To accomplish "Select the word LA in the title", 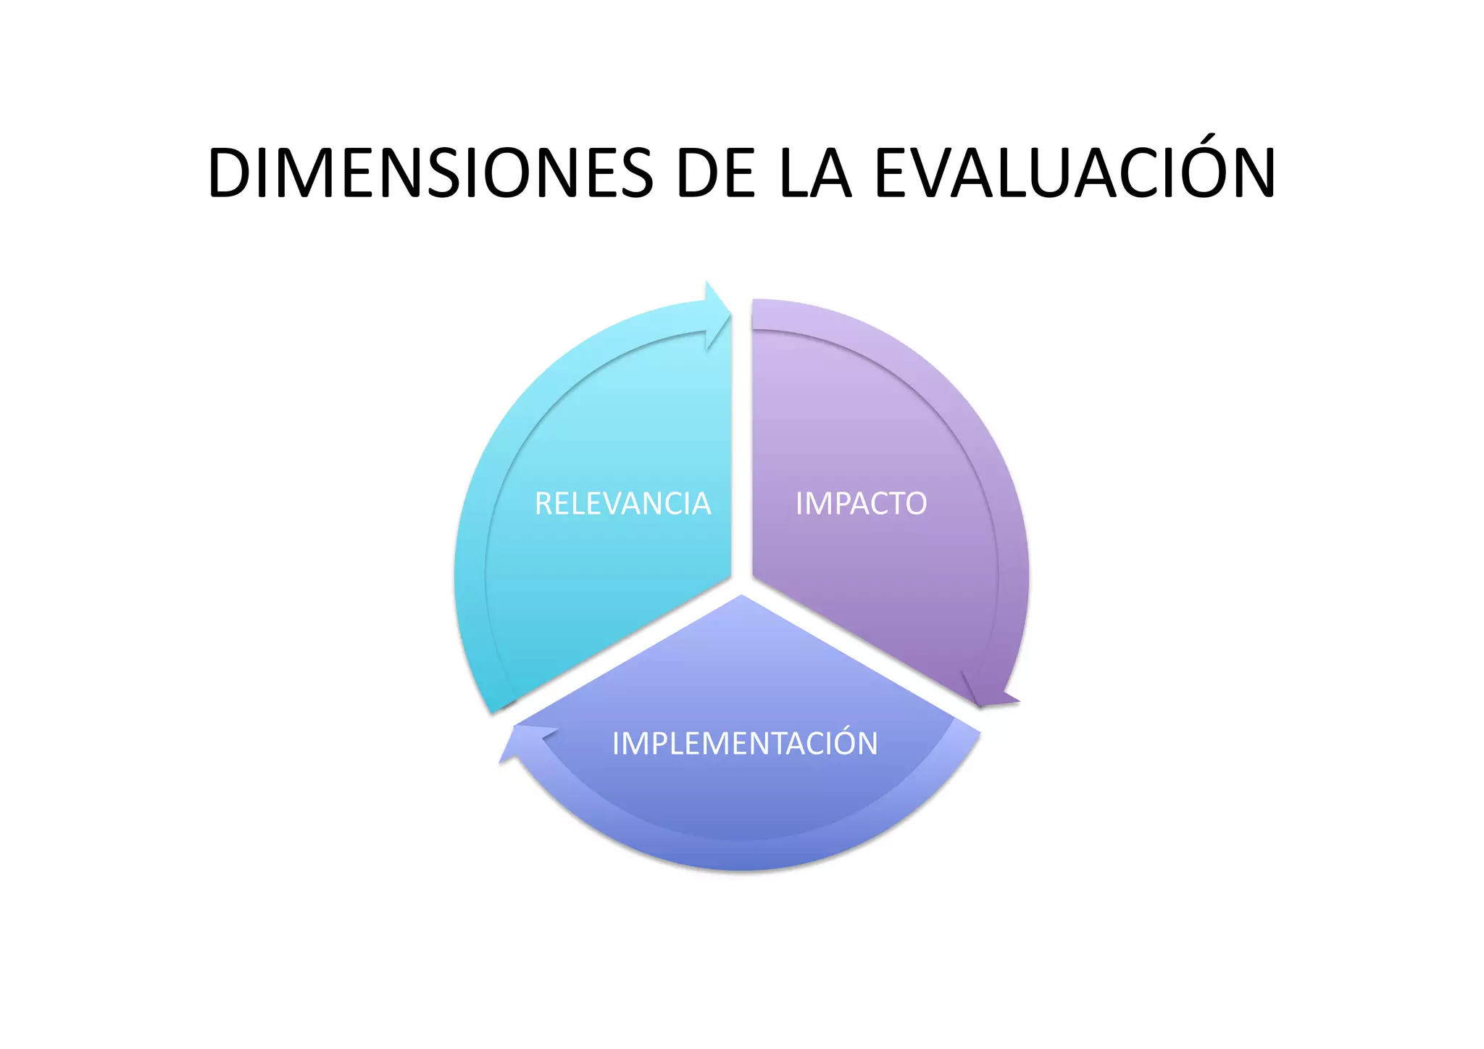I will tap(815, 174).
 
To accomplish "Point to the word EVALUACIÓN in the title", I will tap(1075, 174).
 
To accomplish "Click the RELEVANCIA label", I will tap(622, 504).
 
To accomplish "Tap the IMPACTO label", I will tap(861, 504).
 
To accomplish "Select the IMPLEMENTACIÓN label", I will tap(745, 744).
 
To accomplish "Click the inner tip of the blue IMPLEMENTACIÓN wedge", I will tap(742, 598).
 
